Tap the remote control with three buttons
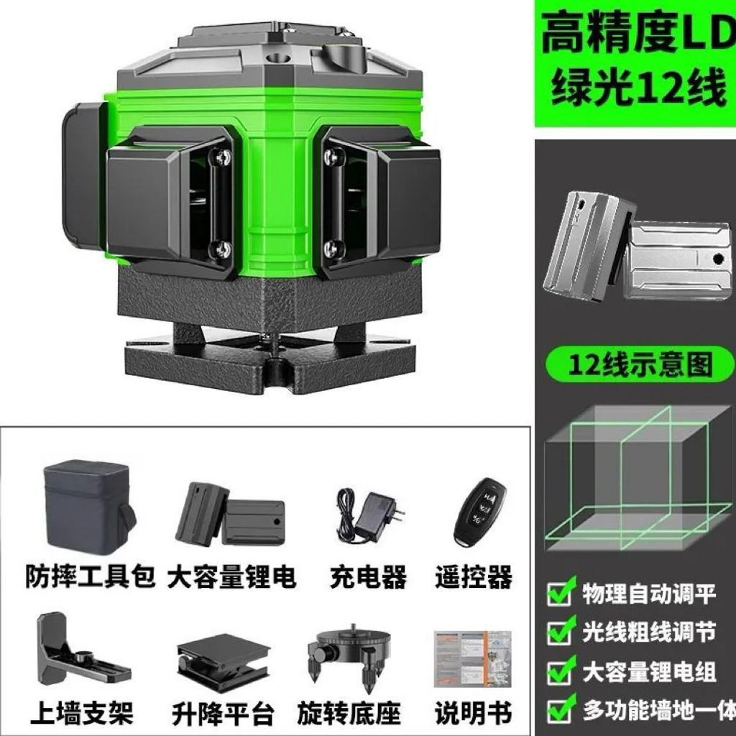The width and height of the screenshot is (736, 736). (479, 512)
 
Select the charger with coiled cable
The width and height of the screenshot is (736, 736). (370, 515)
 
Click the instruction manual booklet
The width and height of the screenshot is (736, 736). (472, 659)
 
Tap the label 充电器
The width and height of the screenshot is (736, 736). (369, 577)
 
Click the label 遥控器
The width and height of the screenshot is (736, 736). (473, 577)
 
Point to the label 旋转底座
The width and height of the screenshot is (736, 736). (349, 714)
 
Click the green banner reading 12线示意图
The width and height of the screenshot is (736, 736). (640, 364)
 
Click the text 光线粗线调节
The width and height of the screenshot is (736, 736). (649, 632)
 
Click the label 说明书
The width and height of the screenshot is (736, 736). (473, 714)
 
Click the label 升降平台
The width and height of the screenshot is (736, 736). (223, 714)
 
